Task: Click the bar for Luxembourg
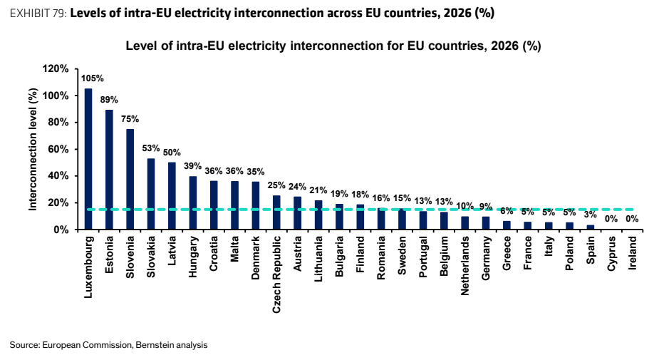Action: point(88,159)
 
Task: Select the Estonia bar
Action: point(109,170)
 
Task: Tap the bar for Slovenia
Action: point(130,179)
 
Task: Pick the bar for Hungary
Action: point(192,202)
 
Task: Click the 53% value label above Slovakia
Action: point(151,148)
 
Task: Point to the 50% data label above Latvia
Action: point(172,153)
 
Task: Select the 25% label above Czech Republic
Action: point(276,185)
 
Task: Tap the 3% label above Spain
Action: point(590,215)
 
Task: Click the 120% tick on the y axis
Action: point(56,69)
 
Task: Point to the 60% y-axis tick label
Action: point(58,149)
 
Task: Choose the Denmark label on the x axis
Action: point(255,258)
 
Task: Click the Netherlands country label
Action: point(464,266)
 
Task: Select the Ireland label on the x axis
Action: point(633,253)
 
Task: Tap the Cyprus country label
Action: point(611,254)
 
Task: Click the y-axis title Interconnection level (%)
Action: point(33,149)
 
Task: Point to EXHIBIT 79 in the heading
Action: point(38,14)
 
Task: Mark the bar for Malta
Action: point(234,205)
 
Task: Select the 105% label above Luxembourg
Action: point(93,78)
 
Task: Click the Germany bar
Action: point(485,223)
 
